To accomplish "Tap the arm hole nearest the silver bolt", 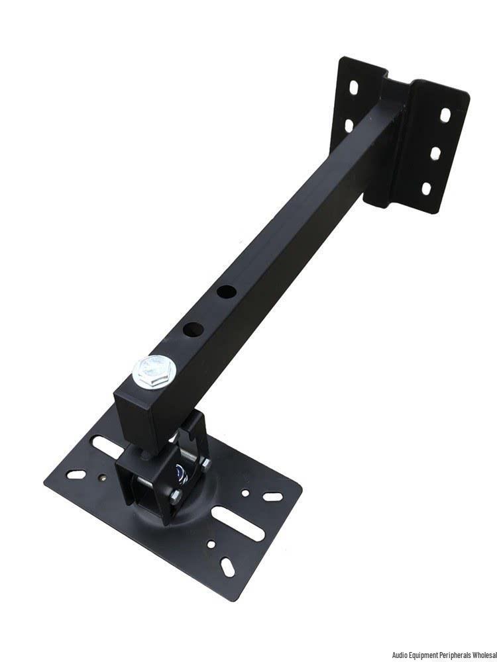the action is [193, 329].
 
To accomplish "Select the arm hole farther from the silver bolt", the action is [227, 291].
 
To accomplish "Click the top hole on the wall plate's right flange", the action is [445, 115].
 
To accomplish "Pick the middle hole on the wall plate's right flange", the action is [435, 153].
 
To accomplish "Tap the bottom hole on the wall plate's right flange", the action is [426, 188].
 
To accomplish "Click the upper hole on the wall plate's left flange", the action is [354, 88].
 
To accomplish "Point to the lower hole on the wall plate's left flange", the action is [349, 125].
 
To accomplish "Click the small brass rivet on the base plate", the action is [101, 478].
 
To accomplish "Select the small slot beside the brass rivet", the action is [76, 474].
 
